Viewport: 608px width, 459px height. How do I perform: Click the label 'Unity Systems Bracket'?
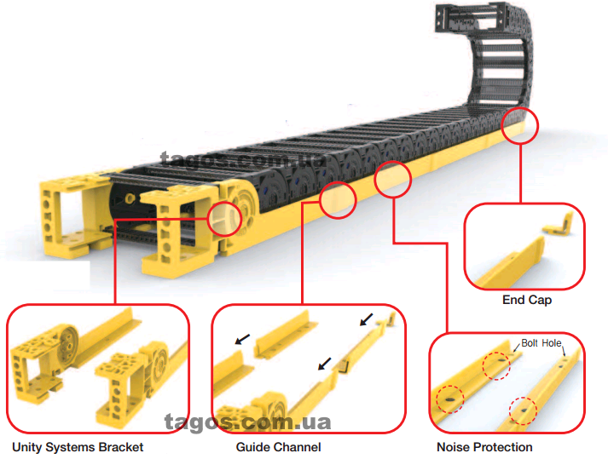pos(78,447)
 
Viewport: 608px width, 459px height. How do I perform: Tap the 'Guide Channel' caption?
pos(278,447)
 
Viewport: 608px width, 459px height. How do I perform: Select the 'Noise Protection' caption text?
pos(484,447)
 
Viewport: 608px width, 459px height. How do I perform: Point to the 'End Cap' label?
pos(527,300)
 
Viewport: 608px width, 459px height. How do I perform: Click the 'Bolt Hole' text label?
pos(541,343)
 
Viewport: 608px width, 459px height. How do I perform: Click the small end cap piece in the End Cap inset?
pos(559,226)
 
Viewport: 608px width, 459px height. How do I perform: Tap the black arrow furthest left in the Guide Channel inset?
pos(243,339)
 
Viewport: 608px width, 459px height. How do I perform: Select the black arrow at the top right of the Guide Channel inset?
pos(367,319)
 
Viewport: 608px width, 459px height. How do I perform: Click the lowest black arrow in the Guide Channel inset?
pos(325,364)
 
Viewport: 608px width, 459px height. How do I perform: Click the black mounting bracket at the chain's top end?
pos(471,17)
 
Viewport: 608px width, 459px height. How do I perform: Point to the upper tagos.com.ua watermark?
pos(244,159)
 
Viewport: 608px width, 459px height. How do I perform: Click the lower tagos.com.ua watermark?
pos(247,422)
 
